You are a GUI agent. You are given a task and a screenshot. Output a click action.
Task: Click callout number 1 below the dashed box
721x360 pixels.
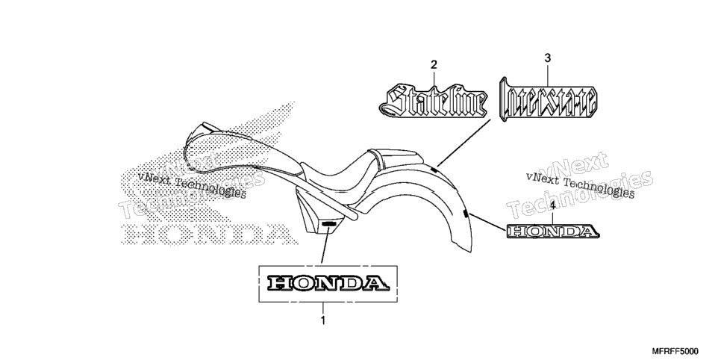pyautogui.click(x=322, y=320)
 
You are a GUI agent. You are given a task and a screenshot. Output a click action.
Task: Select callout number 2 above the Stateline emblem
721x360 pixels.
pyautogui.click(x=434, y=65)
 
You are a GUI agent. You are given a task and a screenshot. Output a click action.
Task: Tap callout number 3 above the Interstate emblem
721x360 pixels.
pyautogui.click(x=547, y=58)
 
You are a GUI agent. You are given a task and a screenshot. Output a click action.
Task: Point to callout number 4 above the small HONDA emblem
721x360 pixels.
pyautogui.click(x=553, y=205)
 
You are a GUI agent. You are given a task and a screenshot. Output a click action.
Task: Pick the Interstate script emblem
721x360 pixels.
pyautogui.click(x=548, y=100)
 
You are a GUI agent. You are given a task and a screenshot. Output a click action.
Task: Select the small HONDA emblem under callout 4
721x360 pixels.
pyautogui.click(x=553, y=231)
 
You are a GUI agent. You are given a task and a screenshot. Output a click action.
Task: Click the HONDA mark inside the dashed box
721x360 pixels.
pyautogui.click(x=328, y=283)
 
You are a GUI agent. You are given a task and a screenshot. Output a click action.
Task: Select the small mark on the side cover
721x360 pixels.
pyautogui.click(x=328, y=224)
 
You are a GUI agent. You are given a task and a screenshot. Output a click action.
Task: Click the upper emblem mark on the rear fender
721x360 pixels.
pyautogui.click(x=434, y=170)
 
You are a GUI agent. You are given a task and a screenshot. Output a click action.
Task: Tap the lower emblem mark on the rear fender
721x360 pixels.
pyautogui.click(x=465, y=213)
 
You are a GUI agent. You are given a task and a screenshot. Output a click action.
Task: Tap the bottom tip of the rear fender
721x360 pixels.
pyautogui.click(x=470, y=252)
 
